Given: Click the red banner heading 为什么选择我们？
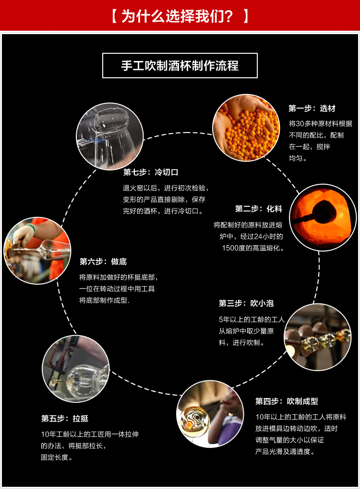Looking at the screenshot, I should (x=180, y=16).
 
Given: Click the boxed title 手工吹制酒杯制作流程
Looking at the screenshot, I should (x=180, y=66).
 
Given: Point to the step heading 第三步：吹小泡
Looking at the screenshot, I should (x=246, y=303).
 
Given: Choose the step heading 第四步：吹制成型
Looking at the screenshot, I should (x=287, y=401).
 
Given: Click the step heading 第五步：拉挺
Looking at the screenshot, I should (x=65, y=418).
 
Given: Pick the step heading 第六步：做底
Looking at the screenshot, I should (x=103, y=262).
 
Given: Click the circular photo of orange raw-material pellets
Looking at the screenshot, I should (x=246, y=128).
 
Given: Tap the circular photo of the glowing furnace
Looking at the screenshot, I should (x=323, y=217).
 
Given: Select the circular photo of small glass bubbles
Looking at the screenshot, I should (x=318, y=337).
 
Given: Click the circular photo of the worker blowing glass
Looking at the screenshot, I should (x=210, y=413).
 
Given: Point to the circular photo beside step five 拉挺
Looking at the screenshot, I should (x=76, y=368).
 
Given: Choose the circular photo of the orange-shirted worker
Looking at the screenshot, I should (x=37, y=250).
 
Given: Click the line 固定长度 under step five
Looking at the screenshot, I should (x=57, y=458).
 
